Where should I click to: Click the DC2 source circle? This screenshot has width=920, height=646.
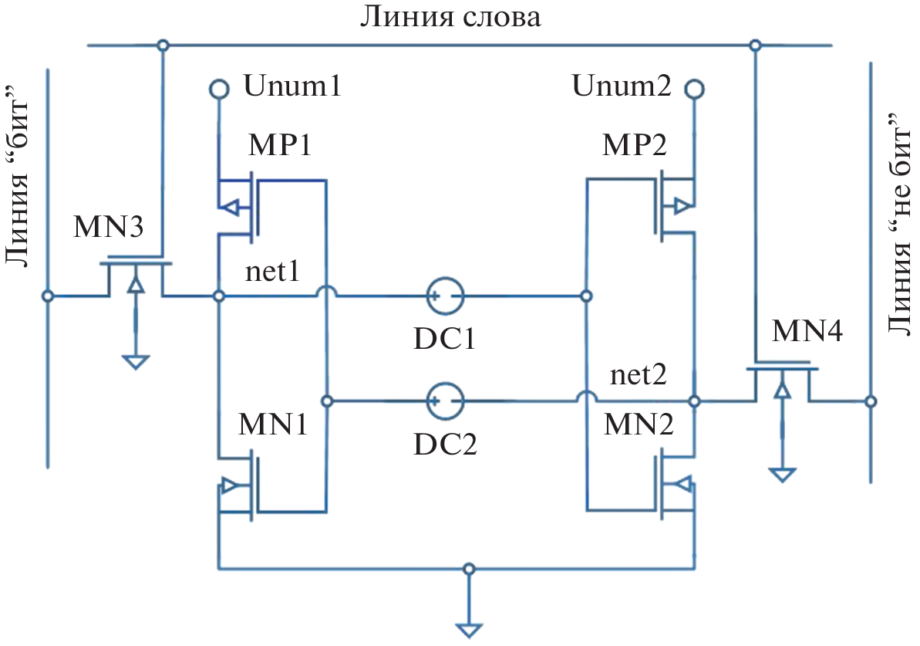tap(445, 401)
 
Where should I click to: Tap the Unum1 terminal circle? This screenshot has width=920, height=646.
tap(219, 90)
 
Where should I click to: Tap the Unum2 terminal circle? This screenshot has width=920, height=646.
tap(694, 90)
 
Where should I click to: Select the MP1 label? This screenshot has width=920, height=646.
tap(280, 144)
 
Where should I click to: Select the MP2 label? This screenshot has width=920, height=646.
tap(634, 144)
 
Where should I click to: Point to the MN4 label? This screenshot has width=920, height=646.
tap(807, 333)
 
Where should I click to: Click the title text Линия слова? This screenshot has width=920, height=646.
tap(450, 18)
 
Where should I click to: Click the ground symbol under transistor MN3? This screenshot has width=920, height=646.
tap(136, 361)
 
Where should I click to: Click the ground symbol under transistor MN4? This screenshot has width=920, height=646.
tap(782, 473)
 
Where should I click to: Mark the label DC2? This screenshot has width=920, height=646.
tap(445, 443)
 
